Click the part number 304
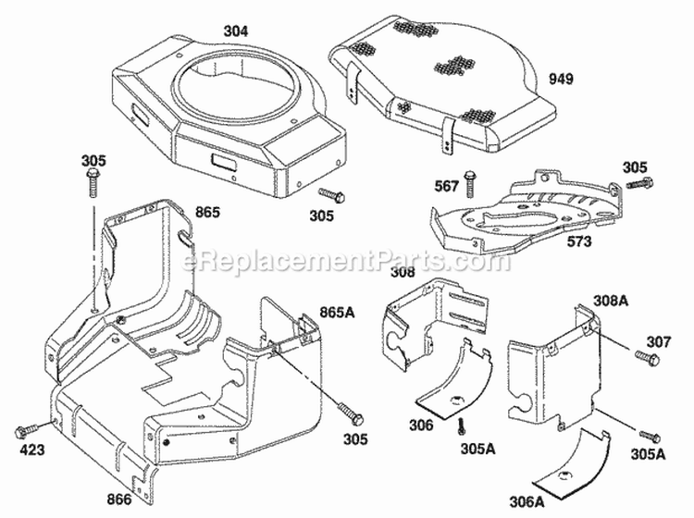pos(237,31)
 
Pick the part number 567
pos(448,187)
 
